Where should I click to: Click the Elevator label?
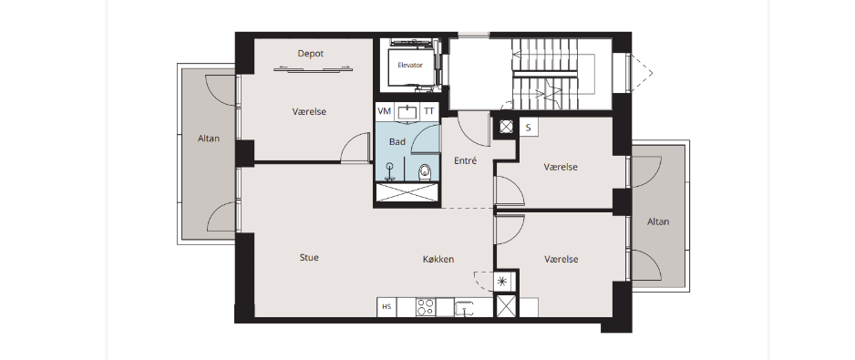[x=410, y=65]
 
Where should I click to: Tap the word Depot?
[x=311, y=54]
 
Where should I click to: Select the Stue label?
[x=309, y=257]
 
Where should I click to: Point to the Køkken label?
[x=438, y=259]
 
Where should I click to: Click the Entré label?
[x=466, y=161]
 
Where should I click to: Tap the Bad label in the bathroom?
[x=397, y=142]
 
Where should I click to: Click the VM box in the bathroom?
[x=385, y=111]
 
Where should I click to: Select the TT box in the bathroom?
[x=429, y=111]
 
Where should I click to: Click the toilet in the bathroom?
[x=426, y=173]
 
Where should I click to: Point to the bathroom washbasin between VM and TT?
[x=407, y=112]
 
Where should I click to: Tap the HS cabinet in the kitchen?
[x=386, y=307]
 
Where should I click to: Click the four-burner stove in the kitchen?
[x=426, y=307]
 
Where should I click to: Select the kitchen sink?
[x=466, y=308]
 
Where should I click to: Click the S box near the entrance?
[x=528, y=128]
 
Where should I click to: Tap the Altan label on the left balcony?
[x=209, y=139]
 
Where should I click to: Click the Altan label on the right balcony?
[x=658, y=222]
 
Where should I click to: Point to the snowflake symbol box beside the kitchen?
[x=502, y=282]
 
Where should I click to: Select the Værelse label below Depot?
[x=309, y=112]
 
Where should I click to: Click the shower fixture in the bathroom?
[x=390, y=170]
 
